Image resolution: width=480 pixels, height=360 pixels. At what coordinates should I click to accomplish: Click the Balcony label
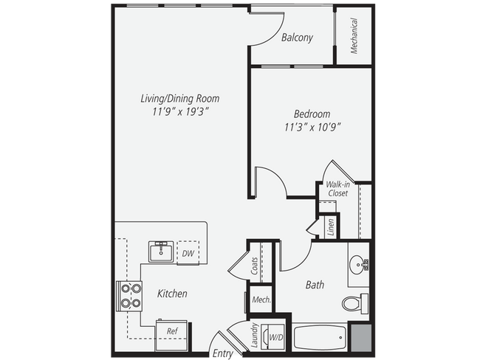tap(297, 38)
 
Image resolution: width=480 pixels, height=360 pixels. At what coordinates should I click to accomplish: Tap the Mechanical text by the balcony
tap(354, 35)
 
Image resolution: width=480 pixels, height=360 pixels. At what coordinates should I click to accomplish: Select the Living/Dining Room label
tap(180, 98)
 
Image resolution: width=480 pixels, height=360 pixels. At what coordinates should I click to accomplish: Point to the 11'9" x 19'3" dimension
tap(180, 111)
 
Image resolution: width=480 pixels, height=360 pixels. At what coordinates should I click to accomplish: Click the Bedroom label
tap(312, 114)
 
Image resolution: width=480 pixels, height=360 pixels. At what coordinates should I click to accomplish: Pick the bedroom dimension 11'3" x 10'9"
tap(312, 127)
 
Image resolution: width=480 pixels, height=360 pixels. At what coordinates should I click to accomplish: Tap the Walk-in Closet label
tap(337, 189)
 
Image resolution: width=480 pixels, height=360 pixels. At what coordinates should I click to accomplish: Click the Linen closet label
tap(331, 226)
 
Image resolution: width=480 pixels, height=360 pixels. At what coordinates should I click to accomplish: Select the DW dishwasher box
tap(188, 253)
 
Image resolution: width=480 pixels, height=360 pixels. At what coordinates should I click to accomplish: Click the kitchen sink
tap(160, 252)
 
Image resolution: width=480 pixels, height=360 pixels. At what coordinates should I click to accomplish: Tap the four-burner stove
tap(130, 295)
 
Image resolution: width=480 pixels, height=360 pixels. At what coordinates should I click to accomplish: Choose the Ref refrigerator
tap(171, 331)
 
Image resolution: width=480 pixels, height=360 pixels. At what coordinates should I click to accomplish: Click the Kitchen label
tap(172, 294)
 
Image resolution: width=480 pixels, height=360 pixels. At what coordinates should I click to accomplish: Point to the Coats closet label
tap(255, 265)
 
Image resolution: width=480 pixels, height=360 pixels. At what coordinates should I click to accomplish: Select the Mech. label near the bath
tap(261, 300)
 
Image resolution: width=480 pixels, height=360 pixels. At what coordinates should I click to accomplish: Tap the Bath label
tap(315, 284)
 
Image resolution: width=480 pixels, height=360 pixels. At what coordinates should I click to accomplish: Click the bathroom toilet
tap(355, 302)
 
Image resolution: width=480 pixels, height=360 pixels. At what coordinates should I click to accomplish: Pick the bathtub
tap(319, 338)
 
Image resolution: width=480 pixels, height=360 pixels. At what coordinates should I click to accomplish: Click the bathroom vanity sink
tap(359, 263)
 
